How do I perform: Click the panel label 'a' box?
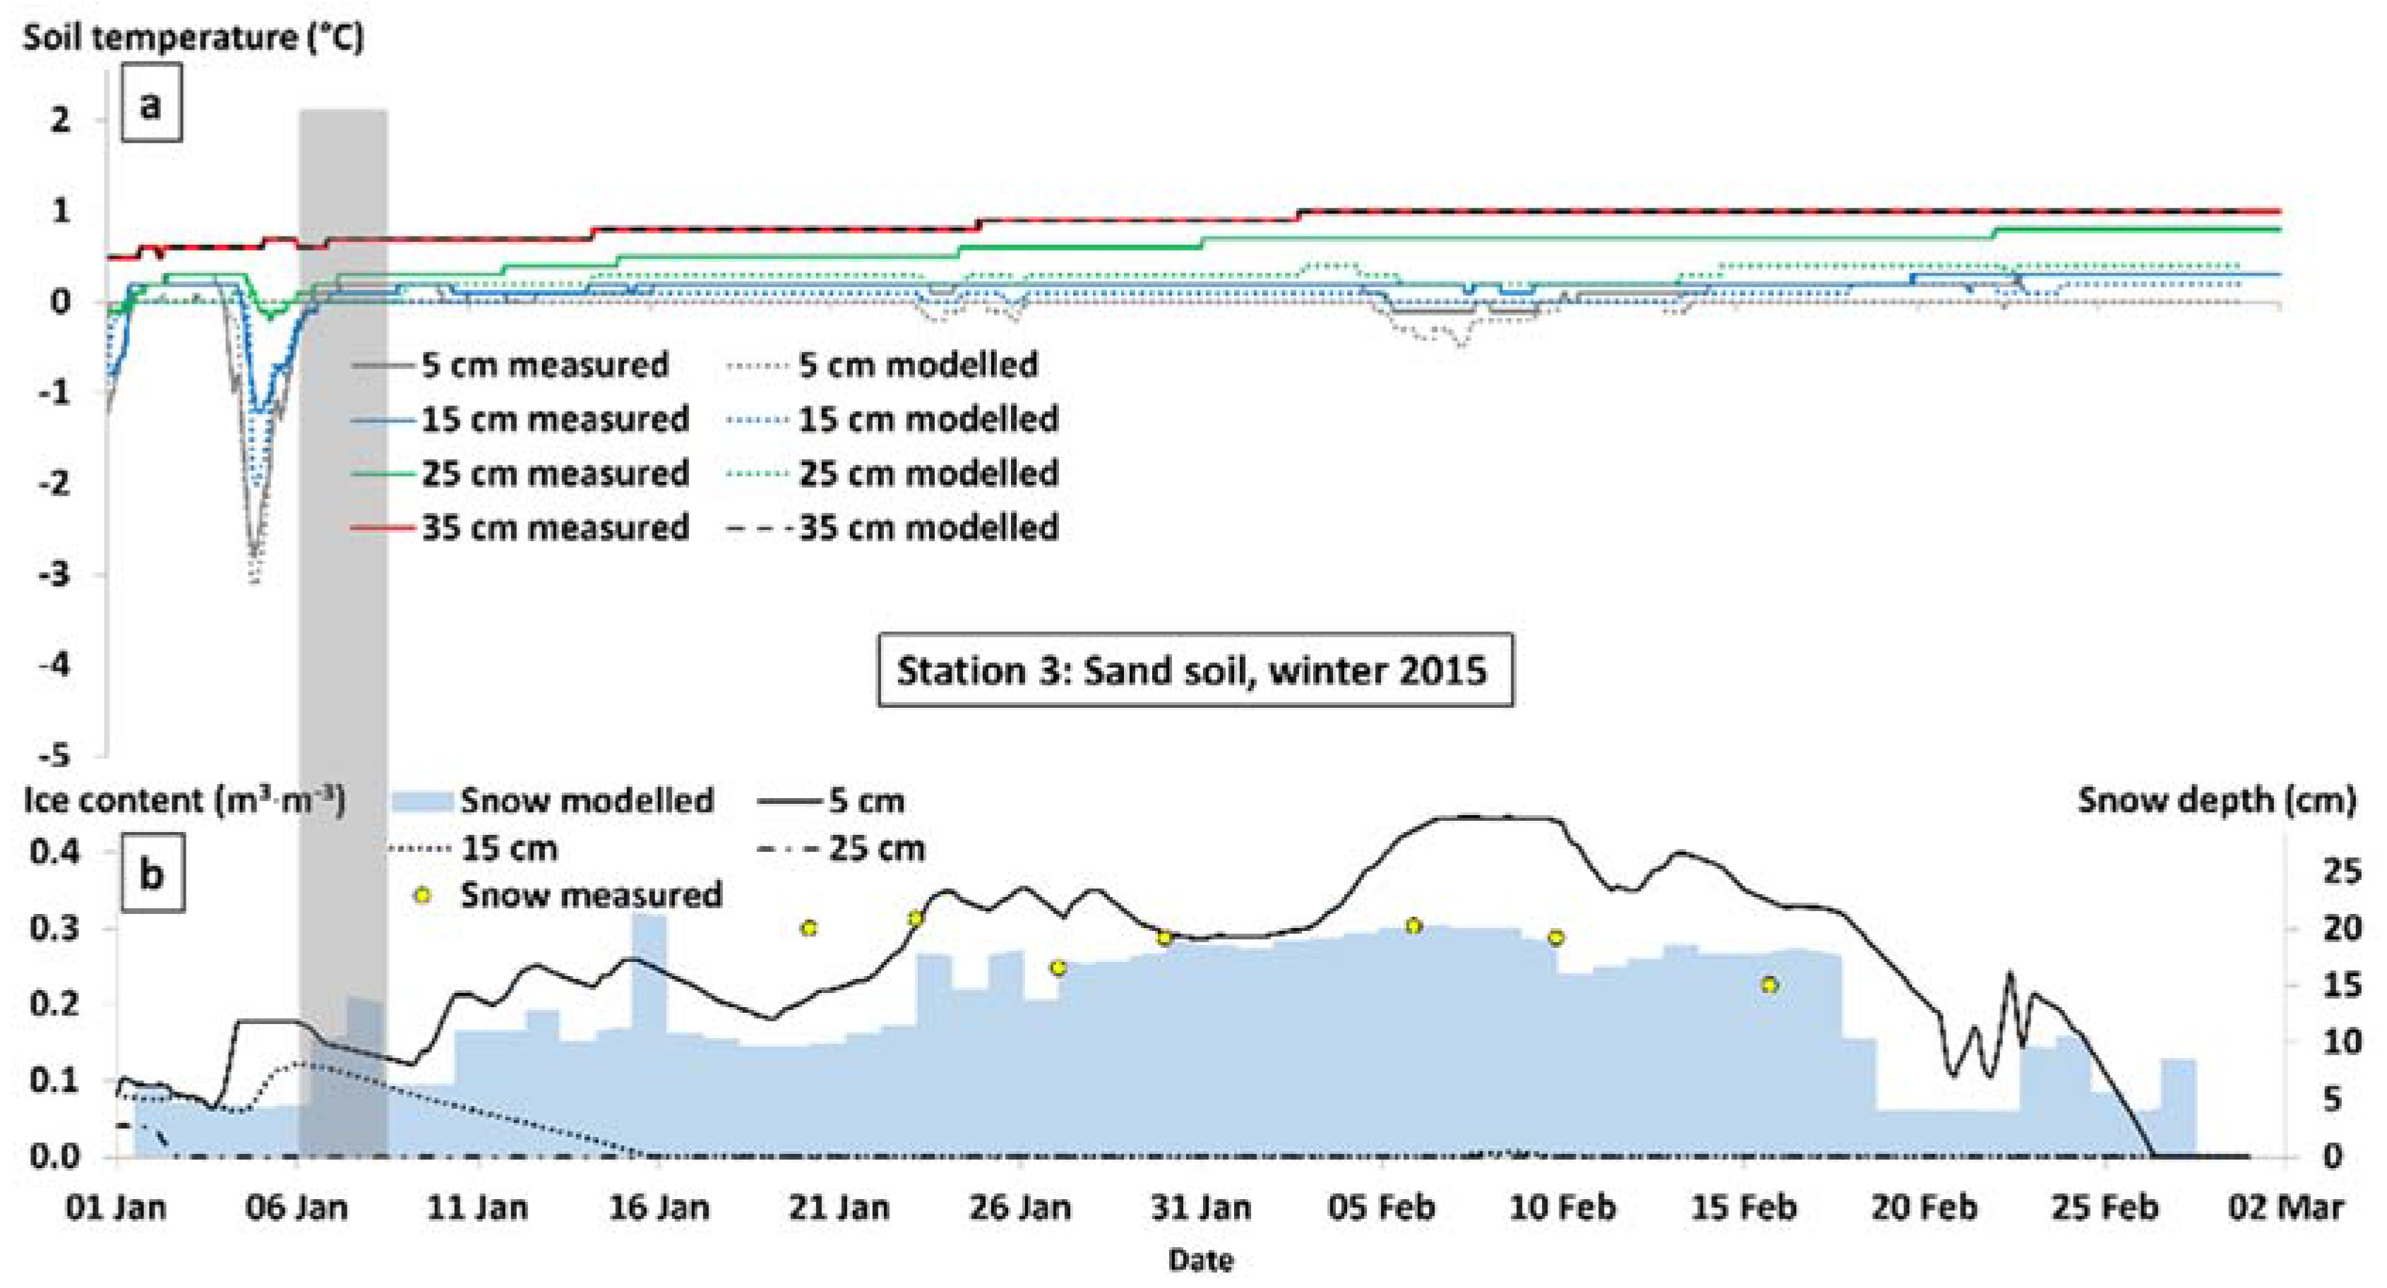tap(151, 103)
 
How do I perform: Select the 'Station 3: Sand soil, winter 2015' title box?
tap(1195, 670)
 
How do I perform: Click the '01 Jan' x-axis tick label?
tap(116, 1208)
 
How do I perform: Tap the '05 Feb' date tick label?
tap(1382, 1208)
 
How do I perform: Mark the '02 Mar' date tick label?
tap(2286, 1208)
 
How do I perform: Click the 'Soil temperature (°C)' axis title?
tap(193, 37)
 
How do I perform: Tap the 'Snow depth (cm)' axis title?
tap(2215, 800)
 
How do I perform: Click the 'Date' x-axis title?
tap(1201, 1260)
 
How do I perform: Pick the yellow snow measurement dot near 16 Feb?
tap(1770, 985)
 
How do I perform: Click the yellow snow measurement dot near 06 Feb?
tap(1413, 926)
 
